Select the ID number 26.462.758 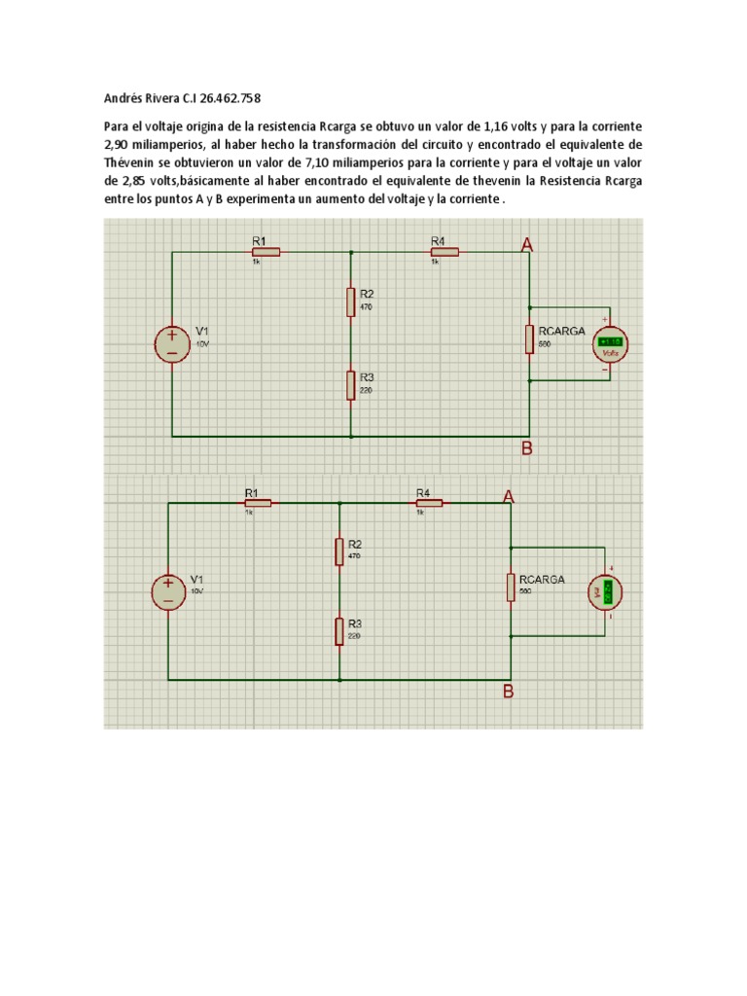pyautogui.click(x=230, y=98)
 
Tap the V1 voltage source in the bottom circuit pyautogui.click(x=167, y=591)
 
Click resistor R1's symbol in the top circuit pyautogui.click(x=266, y=252)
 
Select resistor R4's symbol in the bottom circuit pyautogui.click(x=429, y=503)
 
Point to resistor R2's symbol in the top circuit pyautogui.click(x=350, y=302)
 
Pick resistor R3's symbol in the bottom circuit pyautogui.click(x=339, y=631)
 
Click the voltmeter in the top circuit pyautogui.click(x=611, y=344)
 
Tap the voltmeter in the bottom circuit pyautogui.click(x=606, y=591)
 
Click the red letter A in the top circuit pyautogui.click(x=527, y=246)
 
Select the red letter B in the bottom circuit pyautogui.click(x=508, y=693)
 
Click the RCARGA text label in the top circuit pyautogui.click(x=562, y=331)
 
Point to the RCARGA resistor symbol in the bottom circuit pyautogui.click(x=511, y=587)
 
